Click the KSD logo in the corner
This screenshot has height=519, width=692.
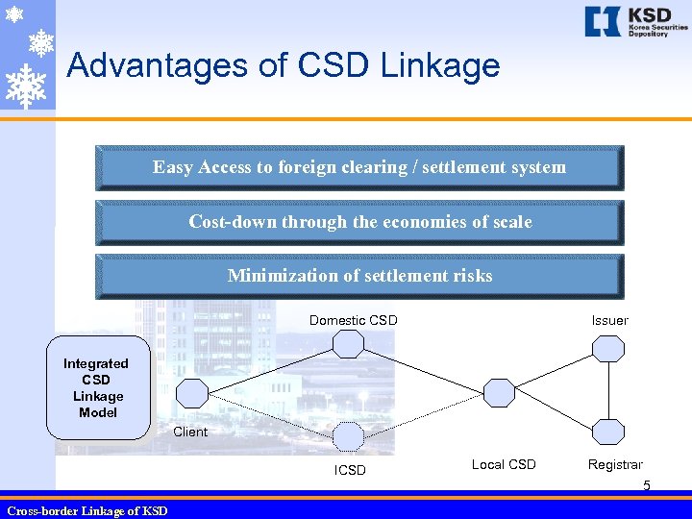pyautogui.click(x=635, y=22)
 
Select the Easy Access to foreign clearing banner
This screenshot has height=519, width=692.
pyautogui.click(x=359, y=167)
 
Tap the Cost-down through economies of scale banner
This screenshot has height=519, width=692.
pyautogui.click(x=359, y=222)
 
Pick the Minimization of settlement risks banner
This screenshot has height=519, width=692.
pyautogui.click(x=359, y=277)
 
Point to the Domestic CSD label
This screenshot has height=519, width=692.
pyautogui.click(x=353, y=320)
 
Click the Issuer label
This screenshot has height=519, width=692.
pyautogui.click(x=609, y=320)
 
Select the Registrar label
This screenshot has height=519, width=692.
pyautogui.click(x=615, y=465)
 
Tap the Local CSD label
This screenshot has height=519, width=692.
pyautogui.click(x=504, y=465)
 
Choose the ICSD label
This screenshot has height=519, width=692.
pyautogui.click(x=350, y=470)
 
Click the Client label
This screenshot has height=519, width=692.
pyautogui.click(x=190, y=432)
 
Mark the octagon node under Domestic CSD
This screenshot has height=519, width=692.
pyautogui.click(x=348, y=347)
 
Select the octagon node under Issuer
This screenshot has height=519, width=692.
pyautogui.click(x=607, y=347)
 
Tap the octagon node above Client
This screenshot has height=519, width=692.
pyautogui.click(x=192, y=393)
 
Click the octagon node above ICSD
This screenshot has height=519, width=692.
pyautogui.click(x=348, y=436)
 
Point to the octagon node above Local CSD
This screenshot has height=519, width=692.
pyautogui.click(x=499, y=392)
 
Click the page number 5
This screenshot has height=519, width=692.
pyautogui.click(x=647, y=486)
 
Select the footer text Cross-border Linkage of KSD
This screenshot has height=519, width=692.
pyautogui.click(x=87, y=510)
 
